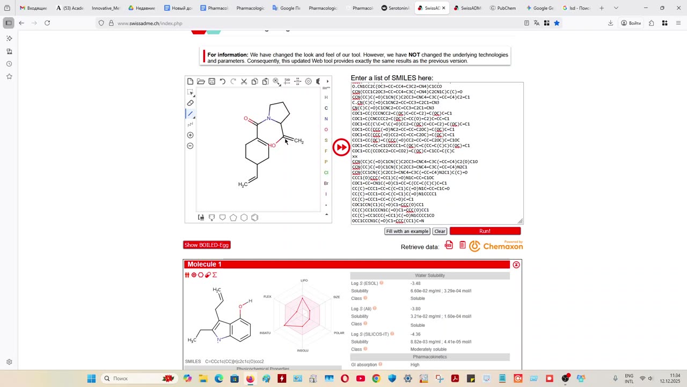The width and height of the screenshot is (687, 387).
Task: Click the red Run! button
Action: [x=485, y=231]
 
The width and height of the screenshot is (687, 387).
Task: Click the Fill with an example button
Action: [x=407, y=231]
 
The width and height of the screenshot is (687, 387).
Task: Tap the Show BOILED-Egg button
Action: [x=207, y=245]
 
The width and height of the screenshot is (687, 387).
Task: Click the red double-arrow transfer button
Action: [x=341, y=147]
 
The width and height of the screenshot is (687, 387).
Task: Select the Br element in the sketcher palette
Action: [x=326, y=183]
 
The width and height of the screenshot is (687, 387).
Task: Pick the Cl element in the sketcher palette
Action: [x=326, y=173]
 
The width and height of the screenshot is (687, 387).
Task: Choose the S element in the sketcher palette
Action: [x=326, y=140]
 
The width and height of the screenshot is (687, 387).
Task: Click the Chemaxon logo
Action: [x=496, y=246]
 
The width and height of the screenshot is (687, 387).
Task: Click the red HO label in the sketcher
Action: [x=272, y=146]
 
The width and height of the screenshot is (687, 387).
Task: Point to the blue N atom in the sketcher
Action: [x=269, y=118]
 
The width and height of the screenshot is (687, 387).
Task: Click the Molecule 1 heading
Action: [x=204, y=264]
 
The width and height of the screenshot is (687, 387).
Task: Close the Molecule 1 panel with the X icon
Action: [x=516, y=264]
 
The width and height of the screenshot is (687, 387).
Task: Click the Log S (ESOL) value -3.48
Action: [x=415, y=283]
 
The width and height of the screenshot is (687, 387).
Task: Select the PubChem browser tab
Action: [x=503, y=8]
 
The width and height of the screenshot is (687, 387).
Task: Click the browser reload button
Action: [x=47, y=23]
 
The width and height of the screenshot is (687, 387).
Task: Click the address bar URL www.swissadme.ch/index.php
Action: [x=150, y=23]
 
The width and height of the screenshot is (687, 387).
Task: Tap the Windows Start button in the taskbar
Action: [x=91, y=378]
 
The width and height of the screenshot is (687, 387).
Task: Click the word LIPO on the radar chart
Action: [x=304, y=281]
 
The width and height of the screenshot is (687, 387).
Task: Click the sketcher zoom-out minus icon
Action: [x=190, y=146]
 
